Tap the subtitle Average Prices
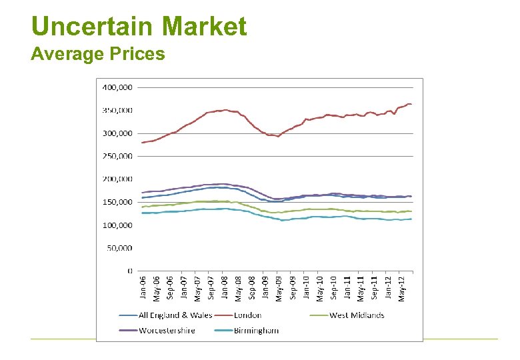(x=97, y=54)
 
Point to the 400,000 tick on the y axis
(x=117, y=87)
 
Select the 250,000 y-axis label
(x=117, y=156)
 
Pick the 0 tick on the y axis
(x=129, y=271)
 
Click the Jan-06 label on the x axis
(x=143, y=288)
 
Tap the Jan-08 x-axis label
(x=225, y=288)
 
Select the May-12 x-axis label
(x=402, y=288)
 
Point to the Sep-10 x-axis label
(x=334, y=288)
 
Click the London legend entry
(x=247, y=315)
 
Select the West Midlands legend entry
(x=357, y=315)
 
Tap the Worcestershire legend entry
(x=167, y=330)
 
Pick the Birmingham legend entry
(x=256, y=330)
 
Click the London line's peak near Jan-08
(x=225, y=110)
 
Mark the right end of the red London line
(x=411, y=104)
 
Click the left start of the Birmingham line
(x=143, y=213)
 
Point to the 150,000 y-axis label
(x=117, y=202)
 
